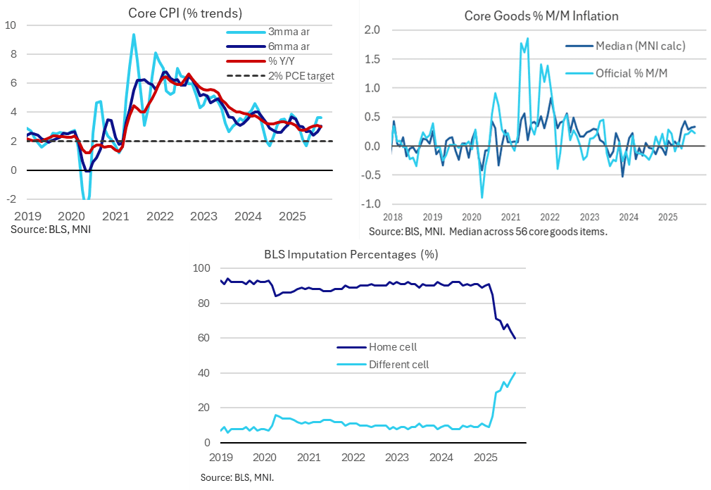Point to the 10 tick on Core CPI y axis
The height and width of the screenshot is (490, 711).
(11, 25)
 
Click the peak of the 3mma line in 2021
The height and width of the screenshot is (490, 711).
(133, 34)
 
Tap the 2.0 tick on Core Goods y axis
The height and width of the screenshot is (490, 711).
(372, 30)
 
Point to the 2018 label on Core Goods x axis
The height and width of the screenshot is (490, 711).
(392, 218)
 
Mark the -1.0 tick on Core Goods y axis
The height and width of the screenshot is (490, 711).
(370, 204)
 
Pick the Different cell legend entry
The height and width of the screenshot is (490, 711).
(398, 365)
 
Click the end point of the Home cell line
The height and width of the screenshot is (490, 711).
(515, 339)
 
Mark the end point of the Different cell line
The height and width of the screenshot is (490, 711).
(515, 373)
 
